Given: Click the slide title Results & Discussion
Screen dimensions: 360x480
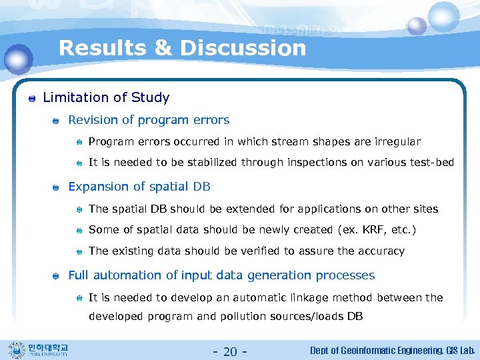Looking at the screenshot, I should (182, 48).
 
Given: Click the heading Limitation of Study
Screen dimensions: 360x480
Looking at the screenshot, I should (106, 98).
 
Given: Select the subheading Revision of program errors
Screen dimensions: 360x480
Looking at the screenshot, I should (149, 120).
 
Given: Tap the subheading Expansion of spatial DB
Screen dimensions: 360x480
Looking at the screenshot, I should (139, 187).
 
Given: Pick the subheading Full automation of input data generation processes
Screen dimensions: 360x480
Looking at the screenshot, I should (221, 275).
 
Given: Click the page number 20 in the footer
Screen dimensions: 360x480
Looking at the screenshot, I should (230, 351).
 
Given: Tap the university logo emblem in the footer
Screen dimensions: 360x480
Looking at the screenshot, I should (16, 350).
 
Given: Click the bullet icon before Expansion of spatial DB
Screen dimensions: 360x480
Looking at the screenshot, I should (57, 188).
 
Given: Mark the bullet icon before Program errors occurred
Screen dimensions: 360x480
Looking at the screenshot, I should (79, 143).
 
